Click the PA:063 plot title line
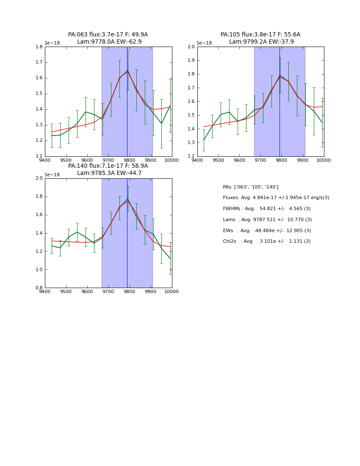tap(108, 35)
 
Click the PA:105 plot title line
tap(260, 35)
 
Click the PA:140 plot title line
tap(108, 166)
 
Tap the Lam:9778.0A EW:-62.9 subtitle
tap(109, 42)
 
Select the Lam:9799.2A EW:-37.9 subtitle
tap(261, 42)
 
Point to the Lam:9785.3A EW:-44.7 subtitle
tap(109, 173)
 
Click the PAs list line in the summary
tap(251, 187)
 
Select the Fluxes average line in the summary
tap(276, 198)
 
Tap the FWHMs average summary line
tap(267, 209)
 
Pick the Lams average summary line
tap(267, 220)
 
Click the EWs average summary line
tap(267, 230)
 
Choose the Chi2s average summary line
tap(267, 241)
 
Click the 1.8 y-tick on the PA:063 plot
tap(39, 47)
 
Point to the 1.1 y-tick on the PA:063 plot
tap(39, 156)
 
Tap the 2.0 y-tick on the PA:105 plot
tap(191, 47)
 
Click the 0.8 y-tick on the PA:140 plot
tap(39, 288)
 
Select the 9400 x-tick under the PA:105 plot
tap(197, 160)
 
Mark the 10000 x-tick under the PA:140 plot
tap(172, 291)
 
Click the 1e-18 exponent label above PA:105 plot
tap(204, 43)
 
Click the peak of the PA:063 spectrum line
tap(127, 70)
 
